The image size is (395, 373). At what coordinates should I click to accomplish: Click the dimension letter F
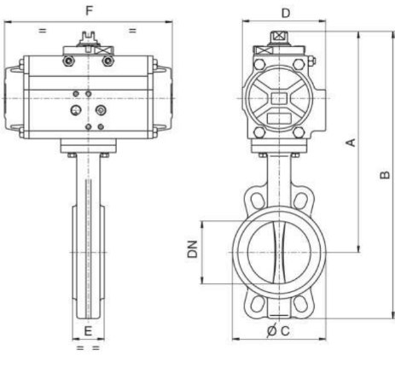[90, 11]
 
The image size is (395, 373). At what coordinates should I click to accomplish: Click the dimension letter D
[286, 13]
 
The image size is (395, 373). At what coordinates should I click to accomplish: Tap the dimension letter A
[351, 143]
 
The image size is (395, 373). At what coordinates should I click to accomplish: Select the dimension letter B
[385, 175]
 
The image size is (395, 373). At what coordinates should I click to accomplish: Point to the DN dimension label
[193, 249]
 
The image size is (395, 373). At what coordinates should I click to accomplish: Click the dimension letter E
[88, 331]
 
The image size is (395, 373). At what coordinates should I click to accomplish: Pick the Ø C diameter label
[278, 331]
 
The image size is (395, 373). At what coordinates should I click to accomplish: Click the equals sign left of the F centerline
[43, 31]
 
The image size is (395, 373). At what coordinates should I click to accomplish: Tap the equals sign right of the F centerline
[133, 31]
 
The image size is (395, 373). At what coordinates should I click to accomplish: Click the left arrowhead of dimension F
[8, 22]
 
